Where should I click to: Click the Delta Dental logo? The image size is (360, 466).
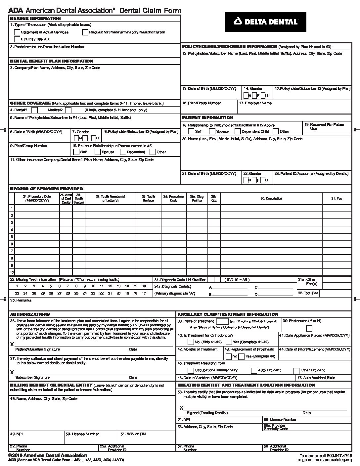pyautogui.click(x=265, y=22)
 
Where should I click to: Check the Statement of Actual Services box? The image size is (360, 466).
pyautogui.click(x=17, y=32)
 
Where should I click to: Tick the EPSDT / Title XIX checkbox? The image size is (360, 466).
pyautogui.click(x=17, y=39)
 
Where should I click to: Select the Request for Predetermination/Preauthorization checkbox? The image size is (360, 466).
pyautogui.click(x=85, y=32)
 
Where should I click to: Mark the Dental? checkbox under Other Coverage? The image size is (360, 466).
pyautogui.click(x=34, y=110)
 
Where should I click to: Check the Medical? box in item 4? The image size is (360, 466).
pyautogui.click(x=68, y=110)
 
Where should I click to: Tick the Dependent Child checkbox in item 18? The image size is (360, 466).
pyautogui.click(x=237, y=131)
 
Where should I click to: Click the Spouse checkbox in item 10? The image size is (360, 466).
pyautogui.click(x=98, y=152)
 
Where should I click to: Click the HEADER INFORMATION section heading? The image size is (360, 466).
pyautogui.click(x=35, y=19)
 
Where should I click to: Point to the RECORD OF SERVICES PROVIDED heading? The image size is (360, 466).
pyautogui.click(x=46, y=189)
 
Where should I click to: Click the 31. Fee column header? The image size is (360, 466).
pyautogui.click(x=337, y=199)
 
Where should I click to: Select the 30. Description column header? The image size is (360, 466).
pyautogui.click(x=271, y=199)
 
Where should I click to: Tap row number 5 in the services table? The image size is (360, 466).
pyautogui.click(x=12, y=237)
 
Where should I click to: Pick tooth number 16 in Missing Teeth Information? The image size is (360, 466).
pyautogui.click(x=144, y=286)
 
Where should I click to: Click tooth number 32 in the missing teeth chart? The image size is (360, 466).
pyautogui.click(x=17, y=293)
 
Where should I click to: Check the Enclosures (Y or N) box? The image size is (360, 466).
pyautogui.click(x=309, y=328)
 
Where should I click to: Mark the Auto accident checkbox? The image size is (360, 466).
pyautogui.click(x=254, y=370)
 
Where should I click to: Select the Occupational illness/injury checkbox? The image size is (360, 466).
pyautogui.click(x=191, y=370)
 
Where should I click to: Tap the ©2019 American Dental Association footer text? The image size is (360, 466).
pyautogui.click(x=48, y=455)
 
